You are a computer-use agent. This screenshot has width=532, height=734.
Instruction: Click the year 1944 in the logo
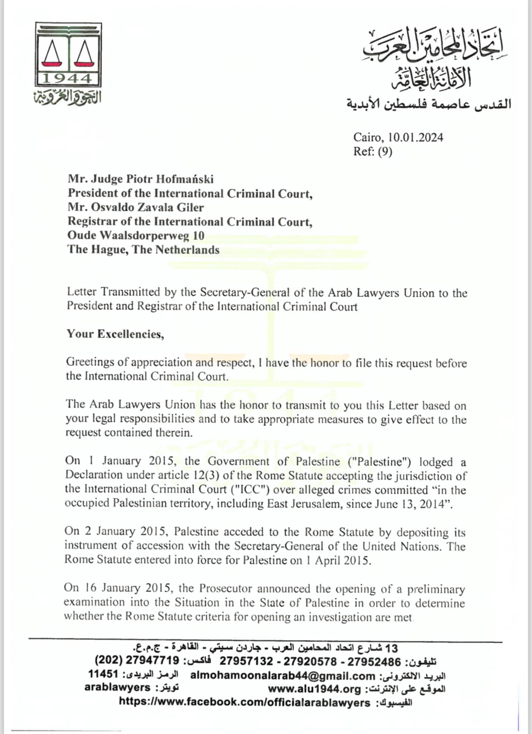[68, 78]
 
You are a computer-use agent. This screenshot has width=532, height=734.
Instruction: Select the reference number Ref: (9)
[372, 151]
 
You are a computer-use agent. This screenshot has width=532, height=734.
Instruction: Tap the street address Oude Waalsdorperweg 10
[136, 235]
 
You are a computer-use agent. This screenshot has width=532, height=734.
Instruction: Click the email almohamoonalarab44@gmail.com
[282, 676]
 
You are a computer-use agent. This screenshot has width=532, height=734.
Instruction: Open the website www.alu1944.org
[314, 689]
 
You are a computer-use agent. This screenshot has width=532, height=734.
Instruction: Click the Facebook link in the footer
[244, 702]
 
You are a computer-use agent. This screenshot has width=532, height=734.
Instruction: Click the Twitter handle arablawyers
[117, 687]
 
